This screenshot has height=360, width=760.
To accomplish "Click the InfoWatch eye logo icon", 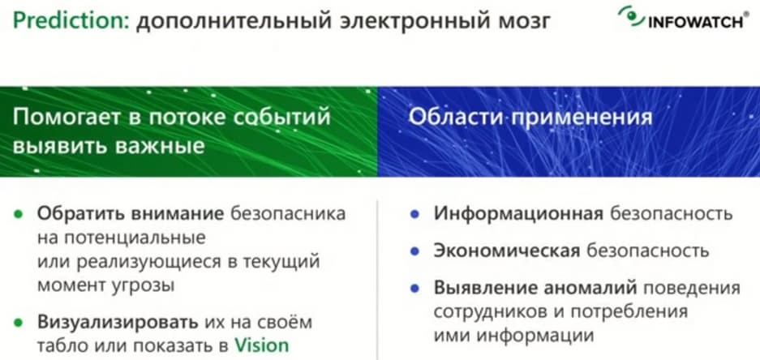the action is [632, 16].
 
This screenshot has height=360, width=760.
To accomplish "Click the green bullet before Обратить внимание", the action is [19, 215].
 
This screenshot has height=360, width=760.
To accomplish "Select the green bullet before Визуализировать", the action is [19, 323].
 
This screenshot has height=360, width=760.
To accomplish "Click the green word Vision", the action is [262, 345].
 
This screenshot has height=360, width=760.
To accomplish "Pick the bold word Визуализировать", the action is [118, 322].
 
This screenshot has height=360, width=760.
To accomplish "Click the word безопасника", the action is [288, 214].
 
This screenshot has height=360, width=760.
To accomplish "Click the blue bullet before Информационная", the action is [414, 215].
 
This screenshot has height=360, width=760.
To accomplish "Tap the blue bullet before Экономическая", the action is [414, 251].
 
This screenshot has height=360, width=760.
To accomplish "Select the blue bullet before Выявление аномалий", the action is [414, 289].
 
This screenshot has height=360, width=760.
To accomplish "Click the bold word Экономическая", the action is [507, 251].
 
